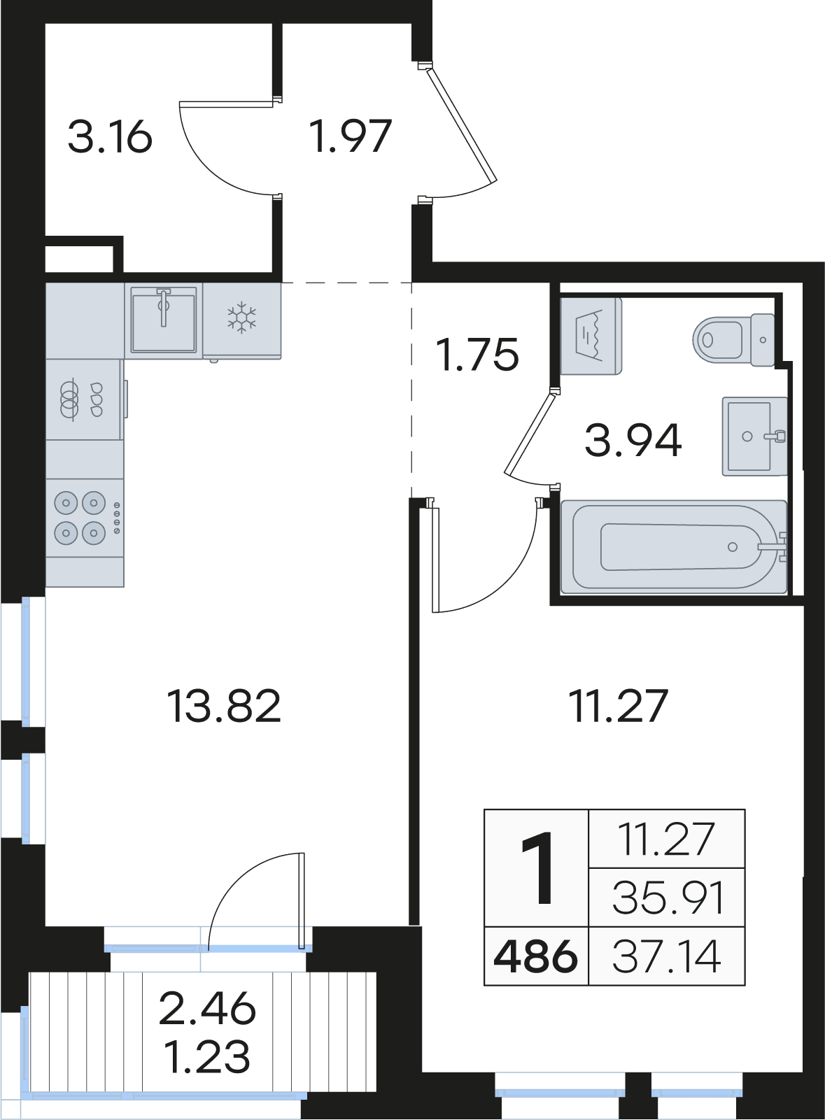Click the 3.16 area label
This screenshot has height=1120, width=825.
coord(110,136)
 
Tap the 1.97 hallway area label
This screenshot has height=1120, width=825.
coord(350,136)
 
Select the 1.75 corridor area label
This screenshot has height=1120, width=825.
coord(477,355)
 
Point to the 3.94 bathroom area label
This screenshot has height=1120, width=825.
coord(633,441)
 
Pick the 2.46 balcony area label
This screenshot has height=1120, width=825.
coord(207,1008)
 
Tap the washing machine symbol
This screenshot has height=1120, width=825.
coord(591,336)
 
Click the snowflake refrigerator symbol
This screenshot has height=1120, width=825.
coord(242,318)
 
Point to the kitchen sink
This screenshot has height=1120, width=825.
coord(164,320)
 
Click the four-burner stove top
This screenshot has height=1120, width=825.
coord(85,518)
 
